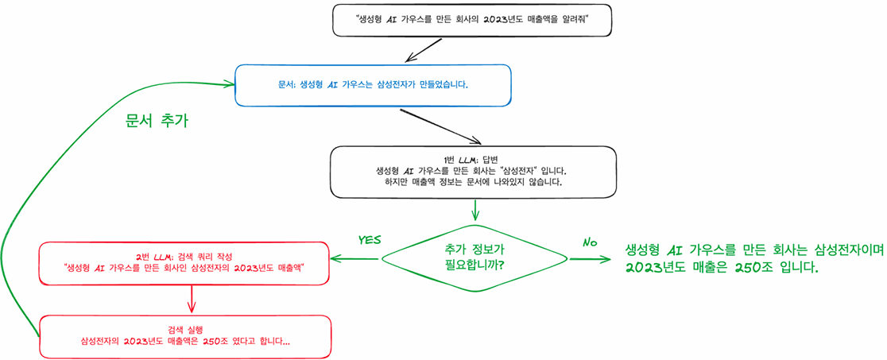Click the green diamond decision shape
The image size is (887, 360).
[x=475, y=257]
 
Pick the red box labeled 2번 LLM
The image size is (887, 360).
[x=185, y=263]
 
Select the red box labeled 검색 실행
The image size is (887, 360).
[x=184, y=336]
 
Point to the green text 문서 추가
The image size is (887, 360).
[x=157, y=121]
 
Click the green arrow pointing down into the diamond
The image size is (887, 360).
[x=475, y=209]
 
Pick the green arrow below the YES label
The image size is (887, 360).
[x=357, y=258]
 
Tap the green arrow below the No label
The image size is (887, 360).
[x=592, y=258]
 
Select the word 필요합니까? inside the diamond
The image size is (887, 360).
[x=475, y=265]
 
